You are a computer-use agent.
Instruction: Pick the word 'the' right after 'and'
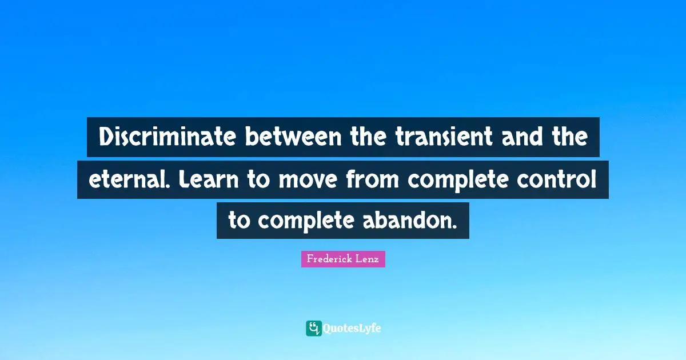point(569,138)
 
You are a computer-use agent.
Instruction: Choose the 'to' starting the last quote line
point(240,221)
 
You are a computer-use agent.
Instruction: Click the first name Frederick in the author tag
point(329,259)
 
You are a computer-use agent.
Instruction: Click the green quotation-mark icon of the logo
point(313,328)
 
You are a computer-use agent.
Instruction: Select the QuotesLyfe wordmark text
point(352,329)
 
